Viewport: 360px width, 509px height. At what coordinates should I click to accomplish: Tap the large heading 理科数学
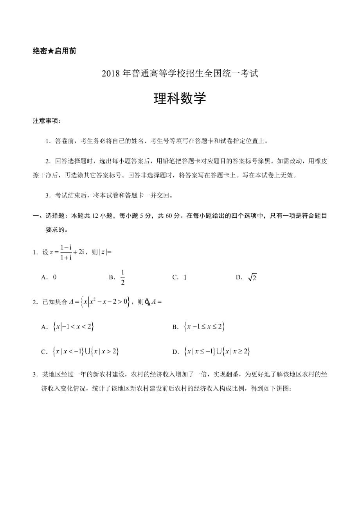(180, 98)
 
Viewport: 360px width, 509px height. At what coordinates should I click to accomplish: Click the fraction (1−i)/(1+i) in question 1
(66, 252)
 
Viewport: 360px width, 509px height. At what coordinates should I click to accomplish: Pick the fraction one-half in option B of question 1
(122, 277)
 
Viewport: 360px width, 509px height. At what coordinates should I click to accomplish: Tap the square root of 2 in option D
(252, 277)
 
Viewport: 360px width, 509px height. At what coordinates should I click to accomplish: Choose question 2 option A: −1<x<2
(73, 327)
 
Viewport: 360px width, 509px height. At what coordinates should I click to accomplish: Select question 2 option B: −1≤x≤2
(204, 327)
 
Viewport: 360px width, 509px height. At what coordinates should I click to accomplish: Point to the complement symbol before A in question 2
(148, 302)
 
